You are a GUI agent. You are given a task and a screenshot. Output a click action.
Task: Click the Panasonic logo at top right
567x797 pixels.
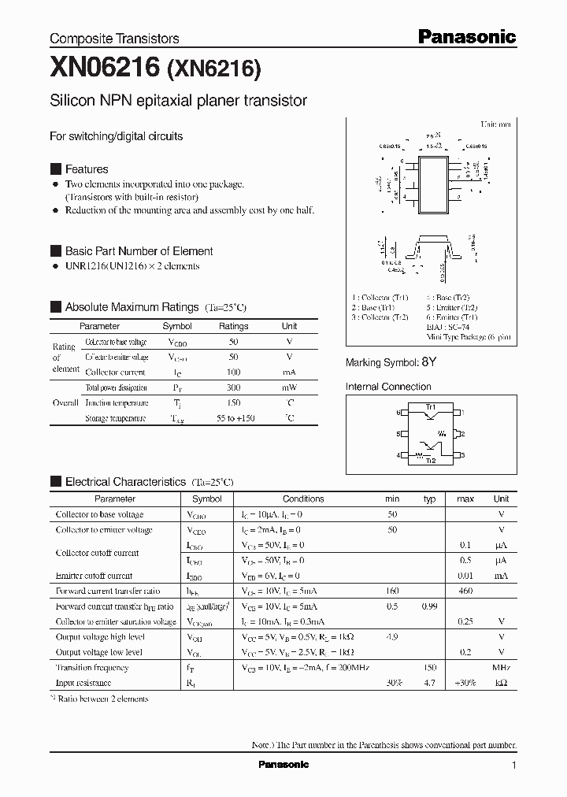(466, 36)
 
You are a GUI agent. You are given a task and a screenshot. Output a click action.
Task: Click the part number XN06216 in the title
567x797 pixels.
(106, 70)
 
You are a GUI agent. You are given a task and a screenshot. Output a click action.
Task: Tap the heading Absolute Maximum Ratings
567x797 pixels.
(132, 307)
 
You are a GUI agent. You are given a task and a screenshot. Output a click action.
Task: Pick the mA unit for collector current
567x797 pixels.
(289, 372)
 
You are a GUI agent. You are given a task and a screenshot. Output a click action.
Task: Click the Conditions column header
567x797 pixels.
(303, 499)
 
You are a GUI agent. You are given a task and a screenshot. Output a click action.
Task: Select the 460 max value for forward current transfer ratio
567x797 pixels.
(465, 591)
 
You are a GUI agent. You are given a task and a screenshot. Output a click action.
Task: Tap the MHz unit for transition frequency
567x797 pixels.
(501, 667)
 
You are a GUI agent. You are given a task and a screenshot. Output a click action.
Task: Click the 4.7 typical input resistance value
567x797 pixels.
(429, 683)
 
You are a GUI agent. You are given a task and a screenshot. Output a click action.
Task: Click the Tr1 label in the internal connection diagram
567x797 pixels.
(431, 406)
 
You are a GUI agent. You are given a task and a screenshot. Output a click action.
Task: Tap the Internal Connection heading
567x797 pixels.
(388, 387)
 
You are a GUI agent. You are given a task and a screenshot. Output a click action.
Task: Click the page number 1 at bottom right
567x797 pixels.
(513, 765)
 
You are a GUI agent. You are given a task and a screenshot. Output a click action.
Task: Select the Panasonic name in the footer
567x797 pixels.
(283, 765)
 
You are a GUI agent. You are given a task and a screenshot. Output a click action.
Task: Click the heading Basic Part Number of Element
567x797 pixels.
(139, 251)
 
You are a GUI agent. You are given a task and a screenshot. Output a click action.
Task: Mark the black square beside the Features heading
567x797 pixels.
(55, 169)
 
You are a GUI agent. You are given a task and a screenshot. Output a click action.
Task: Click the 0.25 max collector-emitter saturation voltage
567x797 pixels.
(465, 621)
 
